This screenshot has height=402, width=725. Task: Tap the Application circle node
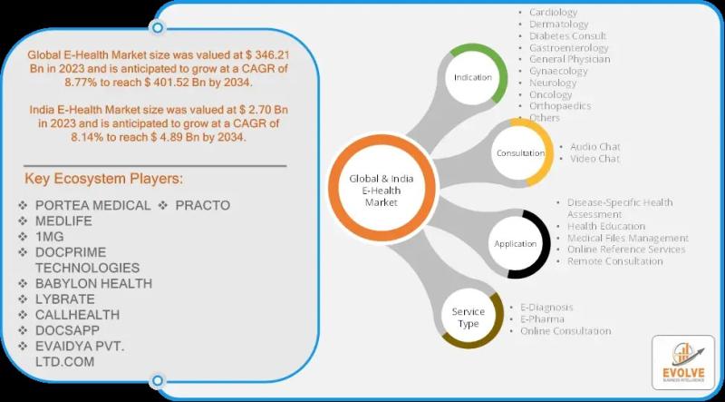(x=515, y=243)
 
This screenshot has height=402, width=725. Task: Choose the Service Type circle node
(x=469, y=318)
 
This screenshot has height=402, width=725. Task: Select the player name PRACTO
(x=202, y=205)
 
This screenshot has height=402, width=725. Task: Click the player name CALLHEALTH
(x=77, y=315)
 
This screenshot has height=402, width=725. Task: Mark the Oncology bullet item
(x=551, y=94)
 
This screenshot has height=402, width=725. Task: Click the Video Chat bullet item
(x=594, y=159)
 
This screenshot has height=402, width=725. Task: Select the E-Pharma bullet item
(x=542, y=319)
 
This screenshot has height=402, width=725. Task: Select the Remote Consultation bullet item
(x=614, y=261)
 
